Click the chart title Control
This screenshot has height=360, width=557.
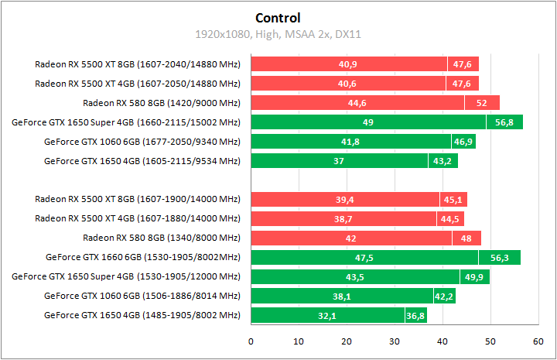pyautogui.click(x=277, y=18)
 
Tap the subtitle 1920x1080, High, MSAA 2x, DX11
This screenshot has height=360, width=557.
pyautogui.click(x=277, y=34)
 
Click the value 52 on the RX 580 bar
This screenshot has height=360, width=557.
pyautogui.click(x=481, y=103)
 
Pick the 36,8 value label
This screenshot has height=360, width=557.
pyautogui.click(x=415, y=316)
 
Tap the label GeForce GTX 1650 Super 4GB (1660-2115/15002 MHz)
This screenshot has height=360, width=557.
pyautogui.click(x=126, y=122)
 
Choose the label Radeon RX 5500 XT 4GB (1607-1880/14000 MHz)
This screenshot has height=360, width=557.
pyautogui.click(x=138, y=219)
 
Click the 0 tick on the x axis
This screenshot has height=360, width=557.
pyautogui.click(x=251, y=341)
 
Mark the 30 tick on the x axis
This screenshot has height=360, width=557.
pyautogui.click(x=395, y=341)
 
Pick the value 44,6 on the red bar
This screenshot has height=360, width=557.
pyautogui.click(x=357, y=103)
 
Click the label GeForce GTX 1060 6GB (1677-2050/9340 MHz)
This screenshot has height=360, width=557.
pyautogui.click(x=142, y=142)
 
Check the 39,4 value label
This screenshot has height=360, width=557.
pyautogui.click(x=344, y=200)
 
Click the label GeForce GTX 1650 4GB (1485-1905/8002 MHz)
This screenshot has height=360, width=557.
pyautogui.click(x=142, y=315)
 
